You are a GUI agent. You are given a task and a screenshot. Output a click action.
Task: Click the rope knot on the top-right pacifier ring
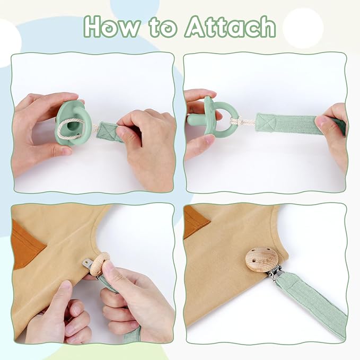(235, 121)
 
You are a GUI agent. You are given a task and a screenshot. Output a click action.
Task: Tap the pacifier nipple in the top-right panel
(195, 119)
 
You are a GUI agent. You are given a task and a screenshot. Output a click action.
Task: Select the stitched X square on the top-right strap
(265, 122)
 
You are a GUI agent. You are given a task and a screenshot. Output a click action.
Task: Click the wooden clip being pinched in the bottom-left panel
(100, 263)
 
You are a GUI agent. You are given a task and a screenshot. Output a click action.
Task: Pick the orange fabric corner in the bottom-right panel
(196, 221)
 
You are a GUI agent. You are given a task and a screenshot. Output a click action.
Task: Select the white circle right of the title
(303, 28)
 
